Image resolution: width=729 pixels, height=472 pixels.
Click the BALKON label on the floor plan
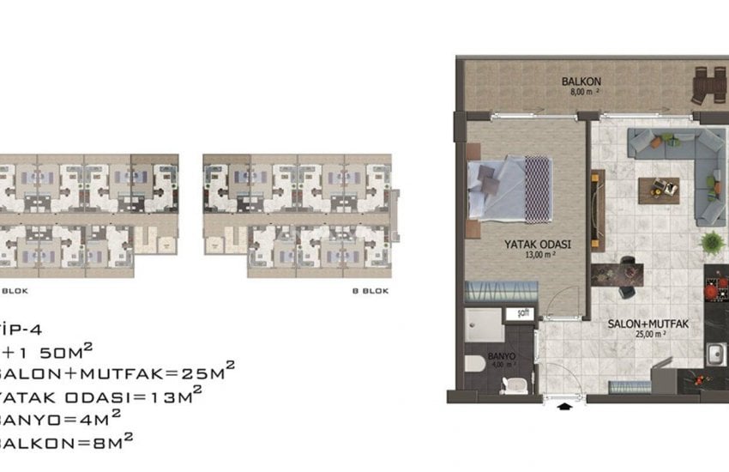(x=575, y=82)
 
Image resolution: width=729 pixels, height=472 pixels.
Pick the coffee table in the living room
(x=660, y=190)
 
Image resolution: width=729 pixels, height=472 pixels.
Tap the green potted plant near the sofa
(x=711, y=243)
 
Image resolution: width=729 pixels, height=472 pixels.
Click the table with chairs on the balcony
(x=708, y=83)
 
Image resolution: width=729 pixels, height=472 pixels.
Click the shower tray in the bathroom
(x=485, y=325)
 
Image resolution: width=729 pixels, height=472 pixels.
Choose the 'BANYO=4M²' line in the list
(x=60, y=418)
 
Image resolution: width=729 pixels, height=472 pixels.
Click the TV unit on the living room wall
(x=598, y=197)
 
